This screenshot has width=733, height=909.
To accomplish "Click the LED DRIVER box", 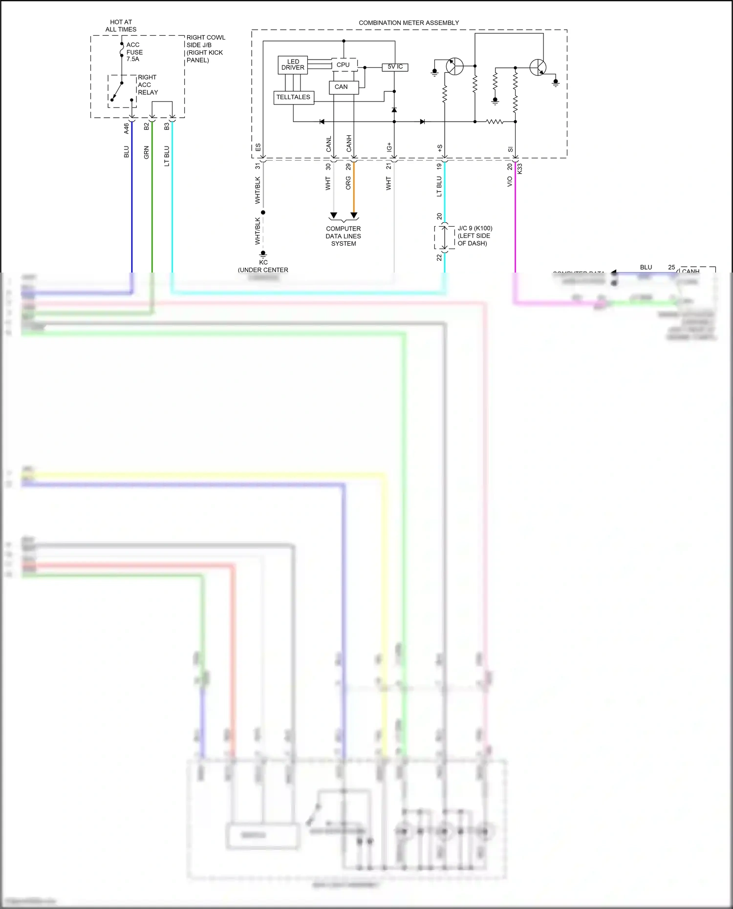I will click(293, 65).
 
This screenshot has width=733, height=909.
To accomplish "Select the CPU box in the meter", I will click(344, 64).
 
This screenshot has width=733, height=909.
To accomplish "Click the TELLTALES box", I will click(293, 97).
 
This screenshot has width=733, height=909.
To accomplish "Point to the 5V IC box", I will click(395, 67).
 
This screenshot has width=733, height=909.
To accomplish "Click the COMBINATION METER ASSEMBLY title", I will click(409, 23).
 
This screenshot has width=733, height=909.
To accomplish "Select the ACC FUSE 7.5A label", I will click(134, 52).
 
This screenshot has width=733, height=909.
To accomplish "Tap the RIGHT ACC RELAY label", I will click(148, 85).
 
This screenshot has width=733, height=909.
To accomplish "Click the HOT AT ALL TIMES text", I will click(121, 26).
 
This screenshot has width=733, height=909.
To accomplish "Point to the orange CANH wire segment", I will click(354, 188).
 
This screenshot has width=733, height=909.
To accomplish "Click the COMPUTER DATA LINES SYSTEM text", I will click(344, 236).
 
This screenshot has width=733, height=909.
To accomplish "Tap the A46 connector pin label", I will click(126, 128).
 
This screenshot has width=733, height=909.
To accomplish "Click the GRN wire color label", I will click(146, 152).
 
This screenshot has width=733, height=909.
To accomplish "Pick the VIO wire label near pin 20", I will click(510, 181).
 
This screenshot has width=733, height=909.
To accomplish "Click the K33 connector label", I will click(520, 169).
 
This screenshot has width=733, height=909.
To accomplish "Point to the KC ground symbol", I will click(263, 254).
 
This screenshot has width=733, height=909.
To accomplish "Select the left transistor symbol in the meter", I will click(454, 66).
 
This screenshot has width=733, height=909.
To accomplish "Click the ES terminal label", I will click(258, 147).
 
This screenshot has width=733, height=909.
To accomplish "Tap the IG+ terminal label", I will click(389, 147).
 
